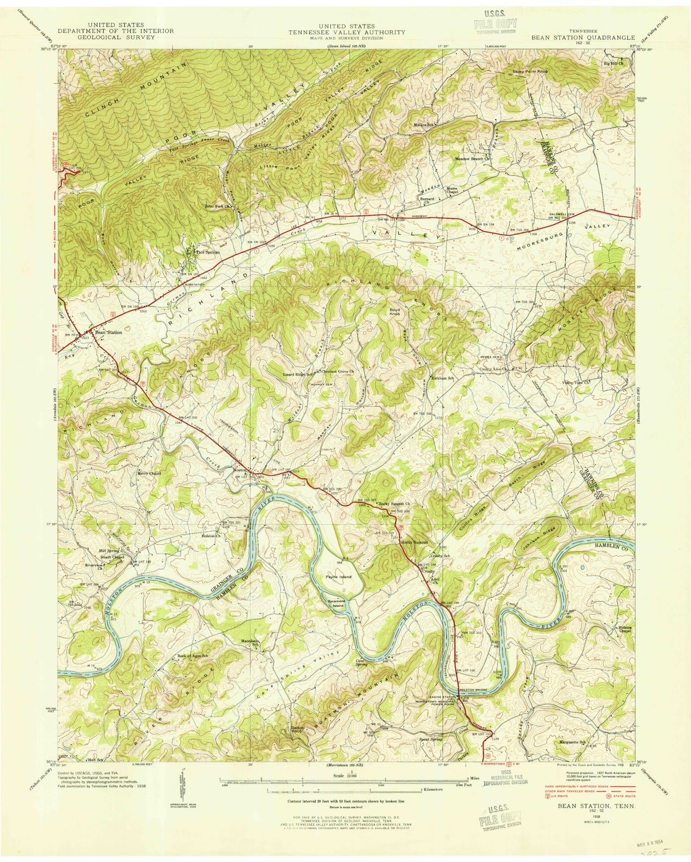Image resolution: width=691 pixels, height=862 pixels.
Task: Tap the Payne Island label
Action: [x=339, y=576]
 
